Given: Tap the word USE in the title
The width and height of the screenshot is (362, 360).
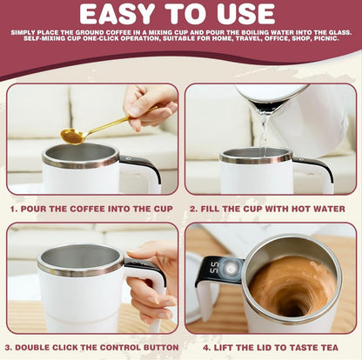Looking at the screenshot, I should pyautogui.click(x=251, y=14).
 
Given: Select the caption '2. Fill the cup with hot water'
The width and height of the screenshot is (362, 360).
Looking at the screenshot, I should pyautogui.click(x=271, y=209).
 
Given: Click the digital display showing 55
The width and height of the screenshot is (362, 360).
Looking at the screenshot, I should pyautogui.click(x=211, y=269).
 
